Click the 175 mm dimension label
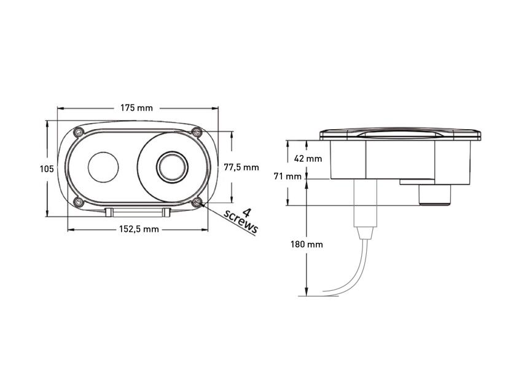(x=136, y=108)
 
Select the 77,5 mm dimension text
(x=241, y=167)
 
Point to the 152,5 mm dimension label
(x=137, y=229)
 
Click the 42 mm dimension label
(x=308, y=158)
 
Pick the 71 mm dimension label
(x=287, y=177)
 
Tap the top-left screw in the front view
(x=77, y=132)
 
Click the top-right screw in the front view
(x=197, y=132)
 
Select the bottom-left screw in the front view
(x=77, y=202)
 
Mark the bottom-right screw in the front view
(x=197, y=202)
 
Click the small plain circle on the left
(x=103, y=167)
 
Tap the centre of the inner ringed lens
(x=171, y=167)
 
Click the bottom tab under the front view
(x=137, y=212)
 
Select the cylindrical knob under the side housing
(x=435, y=196)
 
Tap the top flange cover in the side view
(x=399, y=134)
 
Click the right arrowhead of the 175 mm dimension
(x=216, y=108)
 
